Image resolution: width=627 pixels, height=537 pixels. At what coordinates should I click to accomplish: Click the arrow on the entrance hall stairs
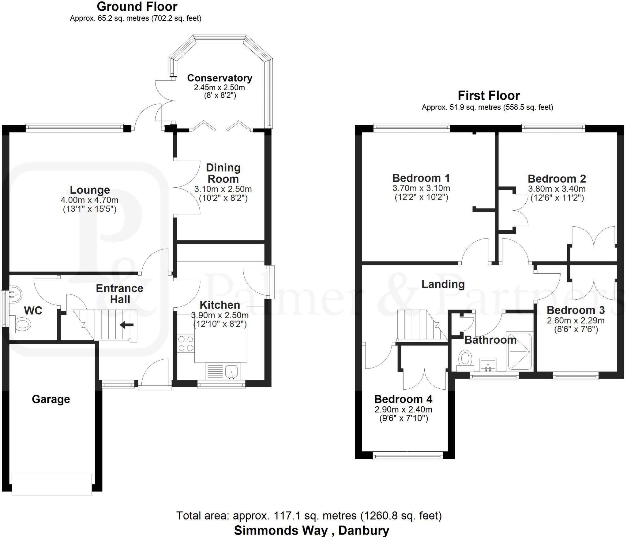point(126,325)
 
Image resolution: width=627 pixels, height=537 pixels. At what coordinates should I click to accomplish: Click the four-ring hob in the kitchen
point(186,343)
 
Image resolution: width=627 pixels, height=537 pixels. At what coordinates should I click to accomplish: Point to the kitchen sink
point(231,372)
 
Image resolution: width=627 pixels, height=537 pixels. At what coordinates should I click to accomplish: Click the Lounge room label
point(90,190)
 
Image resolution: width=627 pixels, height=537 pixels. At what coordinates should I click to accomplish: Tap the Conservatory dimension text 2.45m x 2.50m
point(219,87)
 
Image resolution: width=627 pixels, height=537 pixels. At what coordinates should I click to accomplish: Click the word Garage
point(51,399)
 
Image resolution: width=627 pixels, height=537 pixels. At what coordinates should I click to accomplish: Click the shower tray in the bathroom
point(520,351)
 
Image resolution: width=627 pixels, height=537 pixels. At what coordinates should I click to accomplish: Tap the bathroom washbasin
point(488,365)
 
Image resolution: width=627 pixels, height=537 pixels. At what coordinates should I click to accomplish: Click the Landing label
point(443,284)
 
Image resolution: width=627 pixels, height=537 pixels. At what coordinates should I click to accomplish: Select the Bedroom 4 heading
point(403,399)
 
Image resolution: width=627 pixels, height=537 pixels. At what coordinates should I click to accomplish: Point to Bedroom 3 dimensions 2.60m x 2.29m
point(576,320)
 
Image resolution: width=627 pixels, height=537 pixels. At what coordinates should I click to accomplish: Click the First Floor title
point(488,96)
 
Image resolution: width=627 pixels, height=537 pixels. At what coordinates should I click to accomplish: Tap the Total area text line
point(309,516)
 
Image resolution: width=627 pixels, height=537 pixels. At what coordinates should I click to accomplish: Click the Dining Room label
point(223,173)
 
